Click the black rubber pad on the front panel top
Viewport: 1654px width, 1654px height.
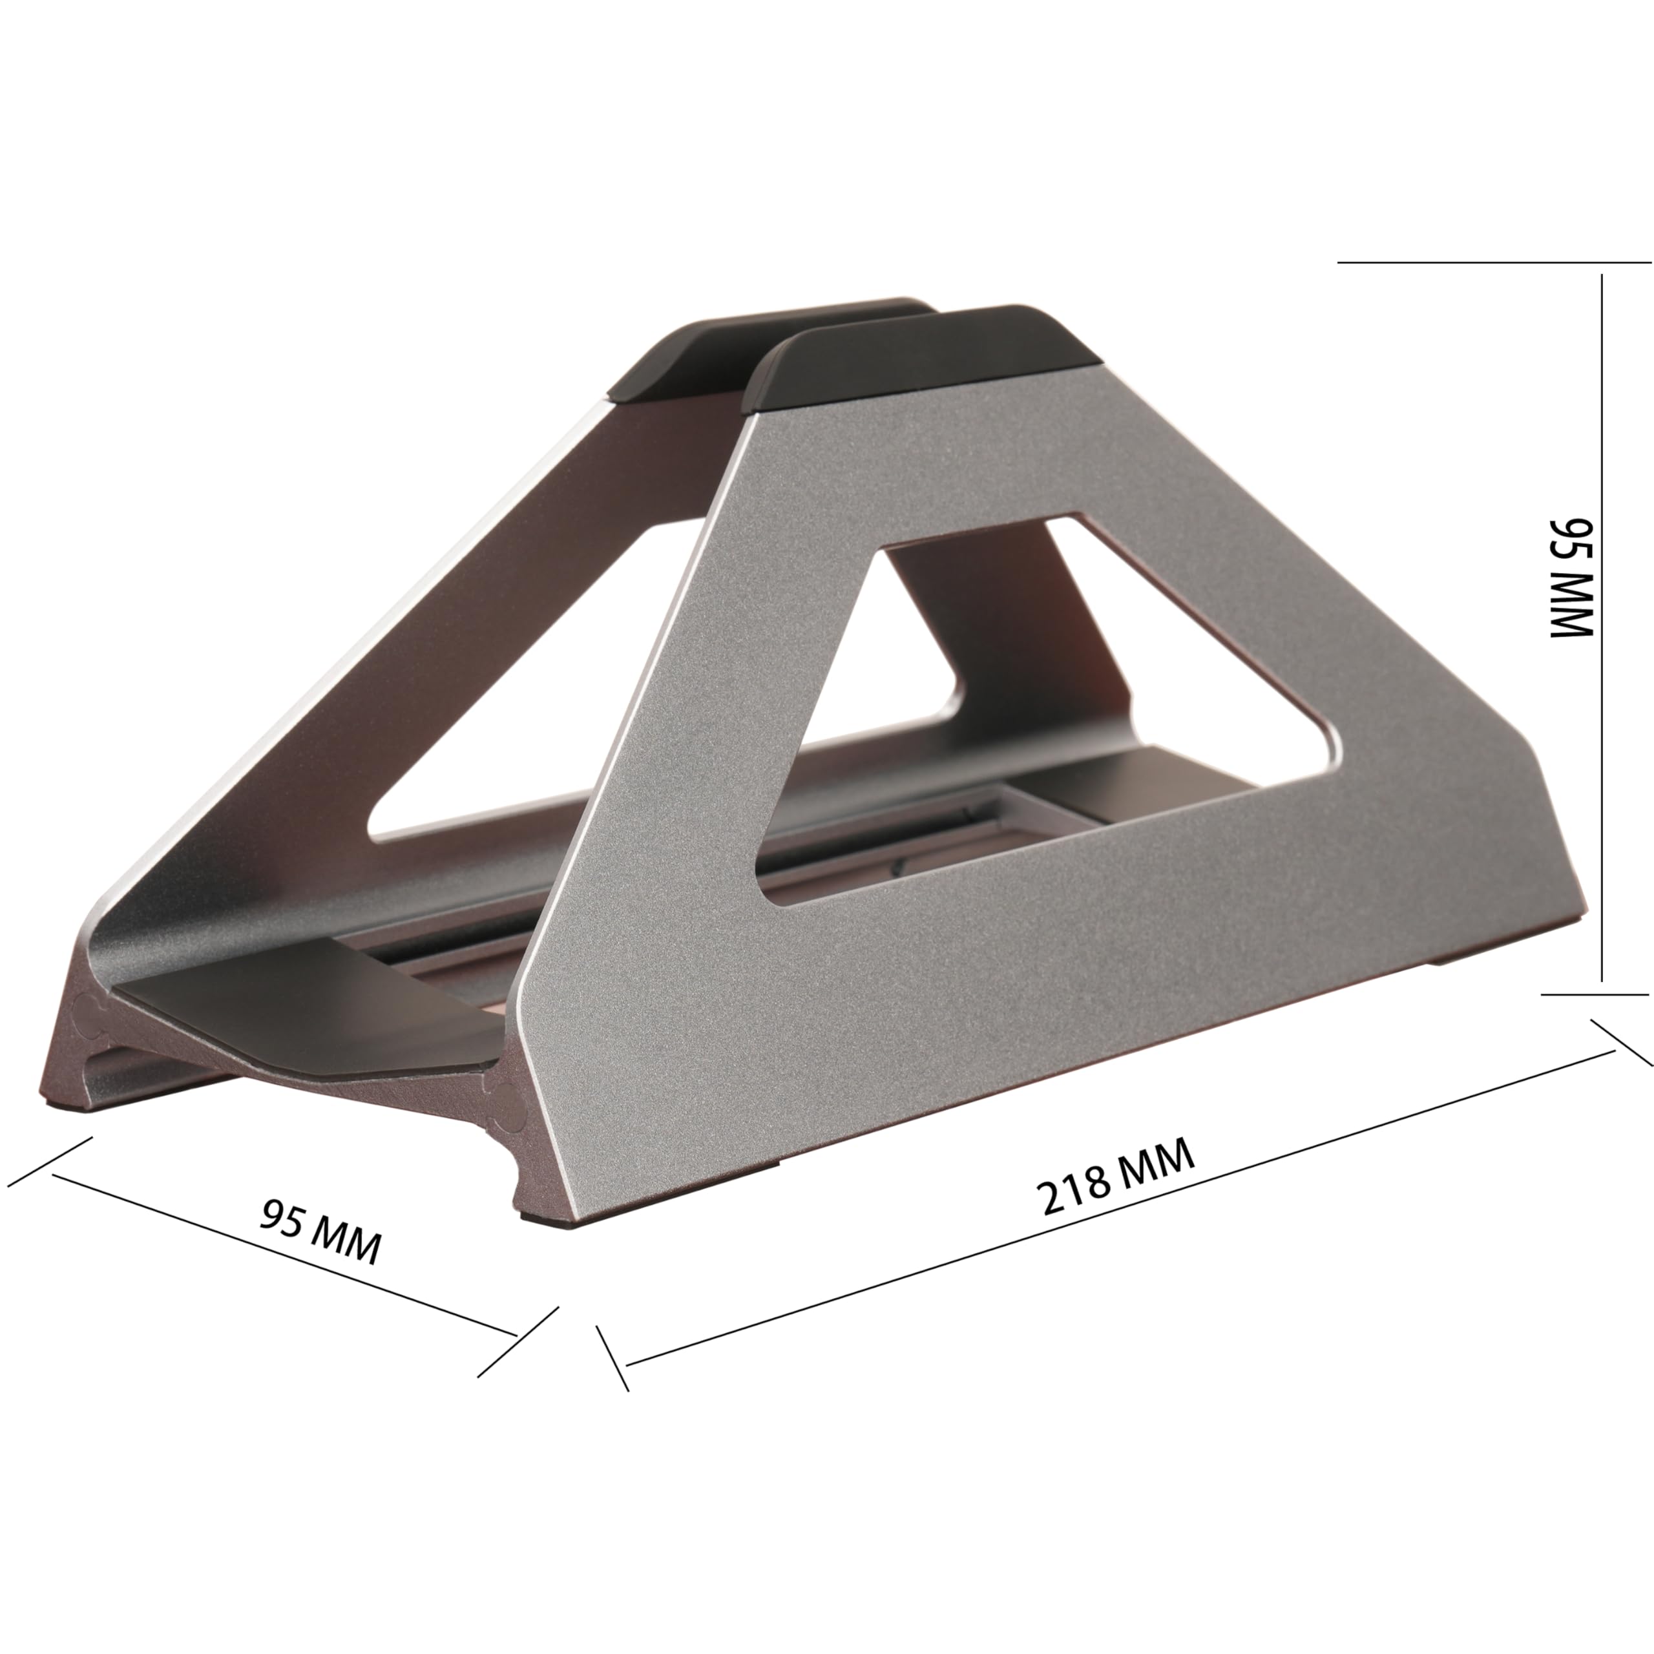925,360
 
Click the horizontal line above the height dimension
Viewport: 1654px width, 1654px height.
1494,261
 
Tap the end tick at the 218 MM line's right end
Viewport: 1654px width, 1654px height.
1620,1042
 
